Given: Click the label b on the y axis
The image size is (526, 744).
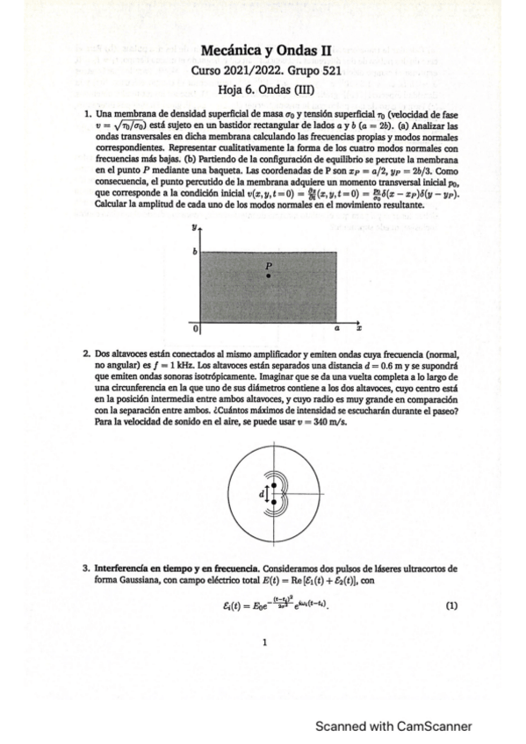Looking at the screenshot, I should (196, 253).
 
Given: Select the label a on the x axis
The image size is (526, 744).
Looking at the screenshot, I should (335, 327).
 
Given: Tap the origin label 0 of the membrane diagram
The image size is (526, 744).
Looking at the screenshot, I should (196, 328).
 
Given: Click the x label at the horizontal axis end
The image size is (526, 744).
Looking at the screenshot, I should (359, 327).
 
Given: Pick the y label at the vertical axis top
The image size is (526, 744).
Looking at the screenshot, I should (194, 225).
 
